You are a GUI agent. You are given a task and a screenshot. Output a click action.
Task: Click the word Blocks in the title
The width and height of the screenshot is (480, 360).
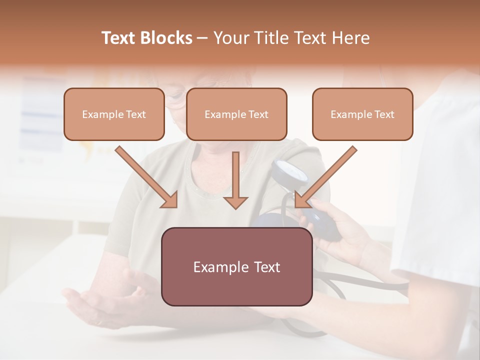click(x=167, y=38)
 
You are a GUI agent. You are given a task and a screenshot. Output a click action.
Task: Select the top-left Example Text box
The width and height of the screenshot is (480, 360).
click(x=114, y=114)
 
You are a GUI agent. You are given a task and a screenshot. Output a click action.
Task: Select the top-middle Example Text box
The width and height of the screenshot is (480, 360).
click(x=236, y=114)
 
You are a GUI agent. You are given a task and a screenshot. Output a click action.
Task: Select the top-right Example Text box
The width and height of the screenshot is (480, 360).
click(x=362, y=114)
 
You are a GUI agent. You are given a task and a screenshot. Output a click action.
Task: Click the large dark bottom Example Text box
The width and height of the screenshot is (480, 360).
click(x=236, y=267)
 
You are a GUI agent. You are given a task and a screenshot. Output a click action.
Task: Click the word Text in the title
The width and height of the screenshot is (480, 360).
click(x=119, y=38)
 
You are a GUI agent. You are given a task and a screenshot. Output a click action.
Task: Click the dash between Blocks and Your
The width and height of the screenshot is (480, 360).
click(x=203, y=38)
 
